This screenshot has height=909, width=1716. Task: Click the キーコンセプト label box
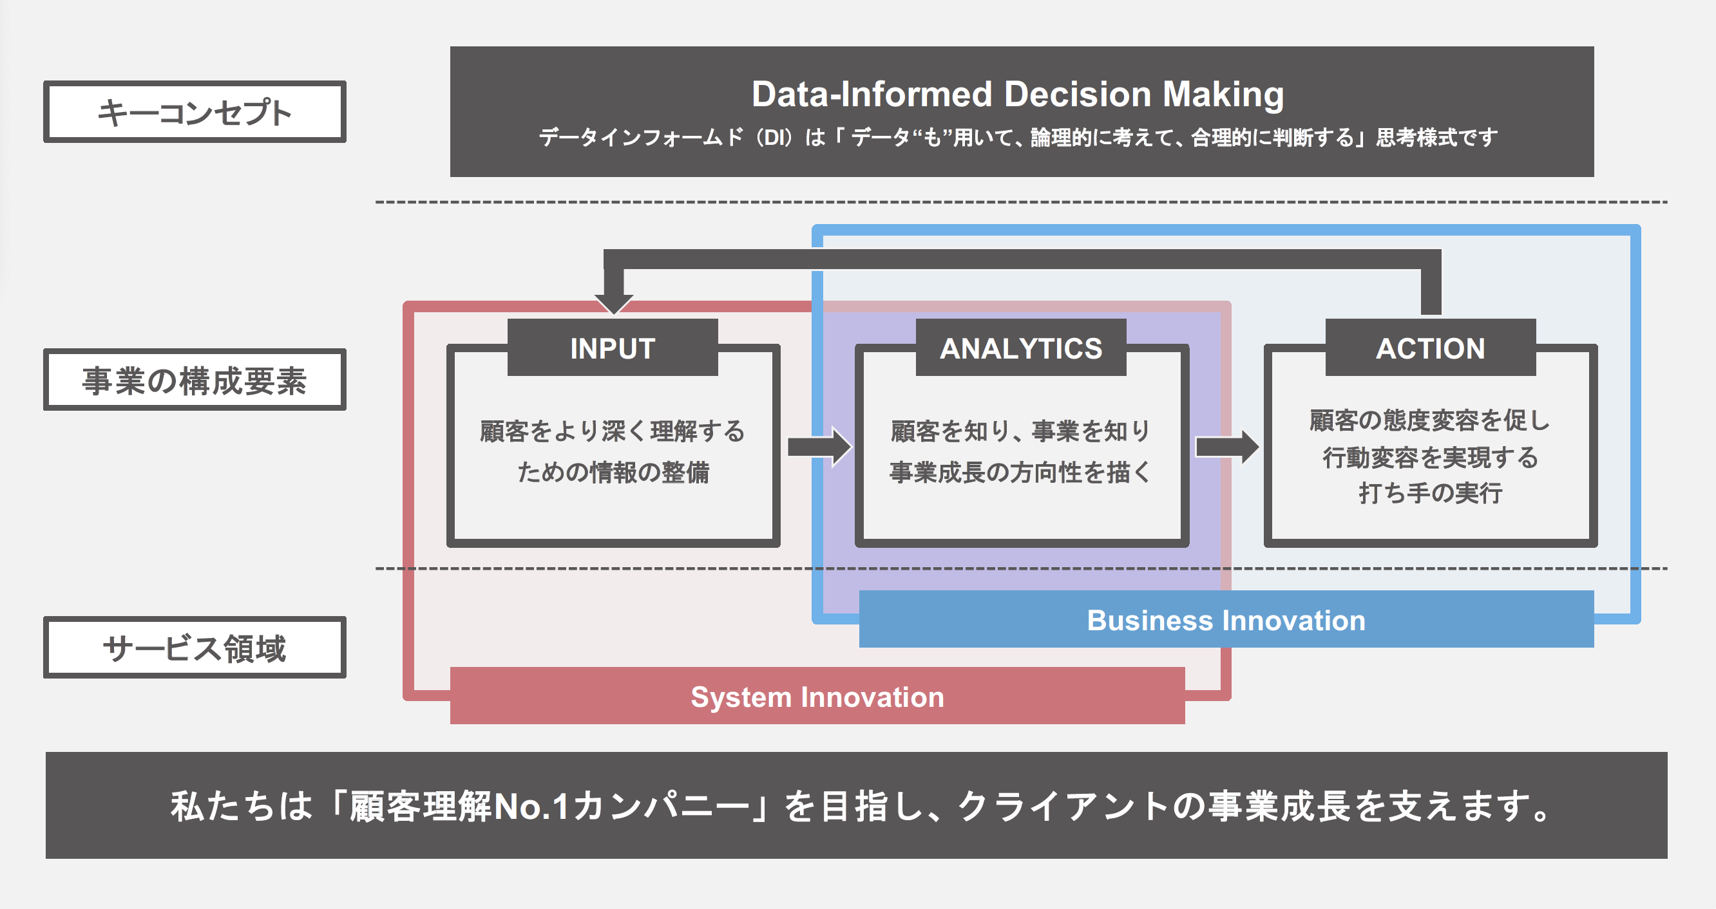pyautogui.click(x=195, y=112)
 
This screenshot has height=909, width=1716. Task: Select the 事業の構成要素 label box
pyautogui.click(x=195, y=380)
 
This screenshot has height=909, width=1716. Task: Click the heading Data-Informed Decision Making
pyautogui.click(x=1017, y=94)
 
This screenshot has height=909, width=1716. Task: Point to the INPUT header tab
pyautogui.click(x=612, y=348)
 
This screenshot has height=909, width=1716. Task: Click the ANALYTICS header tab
pyautogui.click(x=1020, y=348)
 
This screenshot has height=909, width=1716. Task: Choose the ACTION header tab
pyautogui.click(x=1430, y=348)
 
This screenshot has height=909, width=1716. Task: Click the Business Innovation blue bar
pyautogui.click(x=1226, y=619)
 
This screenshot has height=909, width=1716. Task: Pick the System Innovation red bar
pyautogui.click(x=817, y=697)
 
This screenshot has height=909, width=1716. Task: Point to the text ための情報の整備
pyautogui.click(x=613, y=472)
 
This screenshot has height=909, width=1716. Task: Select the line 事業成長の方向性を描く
pyautogui.click(x=1020, y=472)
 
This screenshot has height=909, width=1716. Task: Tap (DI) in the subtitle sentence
pyautogui.click(x=775, y=138)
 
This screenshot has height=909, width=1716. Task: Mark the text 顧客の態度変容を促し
pyautogui.click(x=1430, y=421)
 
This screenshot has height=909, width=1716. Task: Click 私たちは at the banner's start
pyautogui.click(x=241, y=806)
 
